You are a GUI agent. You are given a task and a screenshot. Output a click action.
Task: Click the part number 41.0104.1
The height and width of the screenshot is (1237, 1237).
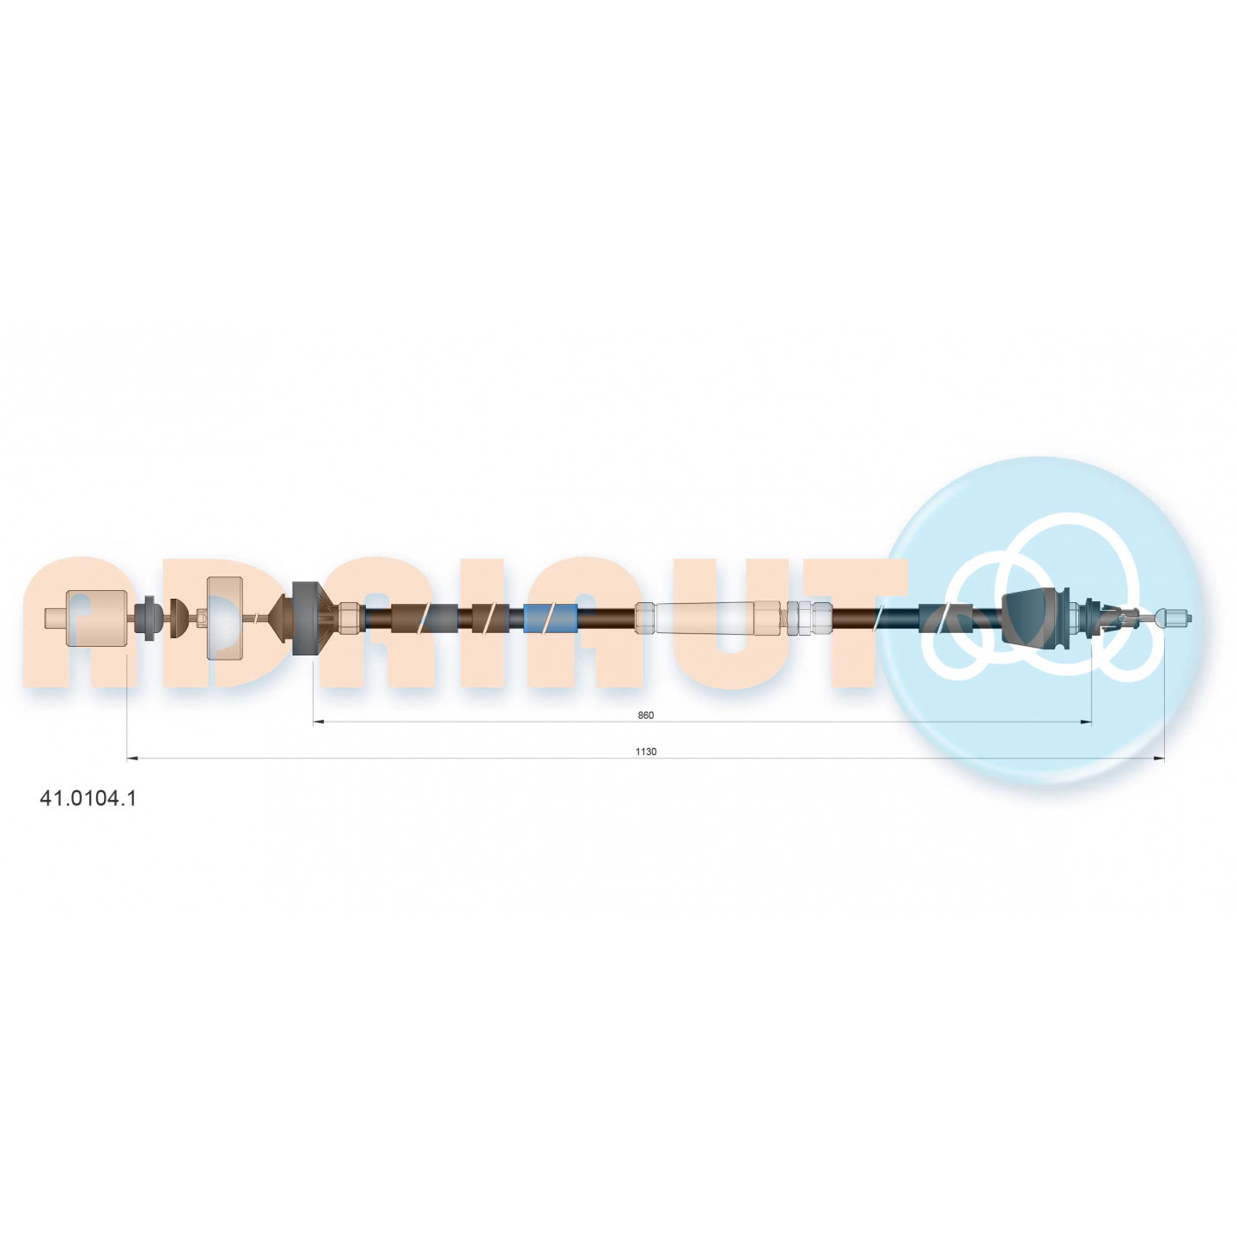point(88,798)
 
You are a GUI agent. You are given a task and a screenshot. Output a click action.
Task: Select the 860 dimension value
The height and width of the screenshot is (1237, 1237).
point(646,715)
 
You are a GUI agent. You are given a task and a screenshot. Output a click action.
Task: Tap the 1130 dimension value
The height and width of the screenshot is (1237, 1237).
point(646,752)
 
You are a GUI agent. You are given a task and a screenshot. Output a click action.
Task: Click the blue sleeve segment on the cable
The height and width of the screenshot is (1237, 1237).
point(550,618)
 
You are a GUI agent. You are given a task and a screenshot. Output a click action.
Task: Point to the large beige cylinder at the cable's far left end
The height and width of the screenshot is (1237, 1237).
point(94,618)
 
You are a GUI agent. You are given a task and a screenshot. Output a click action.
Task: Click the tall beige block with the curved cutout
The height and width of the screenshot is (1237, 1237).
point(225,618)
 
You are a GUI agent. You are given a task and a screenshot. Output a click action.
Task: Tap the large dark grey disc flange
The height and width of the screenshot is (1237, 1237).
point(306,618)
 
